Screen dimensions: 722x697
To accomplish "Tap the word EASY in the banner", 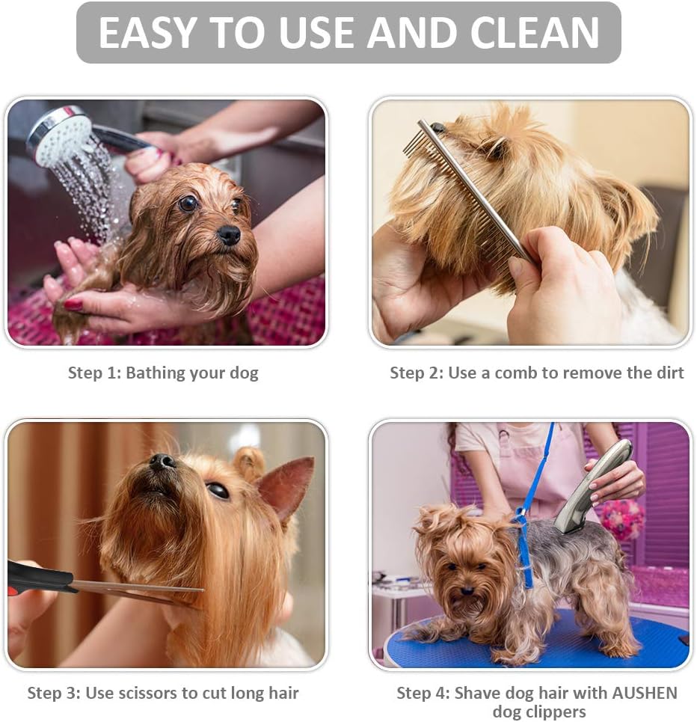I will (147, 33).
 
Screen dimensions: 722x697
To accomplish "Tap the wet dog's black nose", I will (229, 235).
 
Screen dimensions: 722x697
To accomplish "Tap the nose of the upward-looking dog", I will (162, 462).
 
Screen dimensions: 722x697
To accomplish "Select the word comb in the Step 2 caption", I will (516, 373).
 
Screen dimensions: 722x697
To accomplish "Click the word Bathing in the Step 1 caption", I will (156, 373).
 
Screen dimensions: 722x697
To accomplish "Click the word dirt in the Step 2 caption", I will (667, 373).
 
